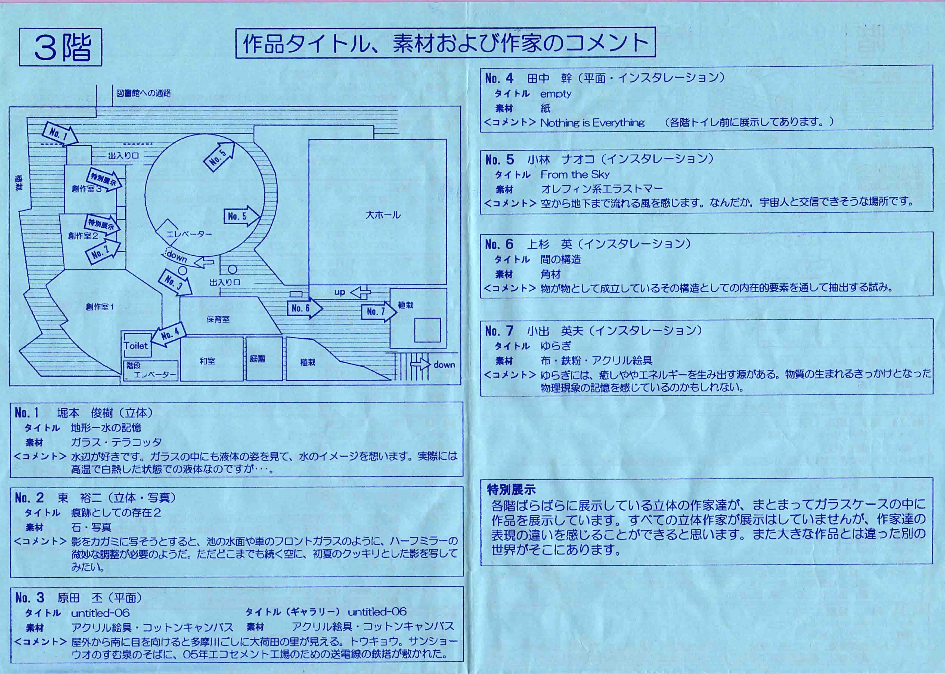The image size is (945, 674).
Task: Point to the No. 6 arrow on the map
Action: point(304,308)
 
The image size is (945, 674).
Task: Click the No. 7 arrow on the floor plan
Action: point(379,311)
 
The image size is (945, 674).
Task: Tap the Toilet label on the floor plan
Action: point(136,346)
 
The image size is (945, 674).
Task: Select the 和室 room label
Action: point(207,361)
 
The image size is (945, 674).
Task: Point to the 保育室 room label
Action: point(218,319)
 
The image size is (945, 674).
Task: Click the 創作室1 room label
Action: point(100,307)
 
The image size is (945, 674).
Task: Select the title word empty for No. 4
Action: point(556,94)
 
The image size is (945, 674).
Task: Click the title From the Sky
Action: point(575,174)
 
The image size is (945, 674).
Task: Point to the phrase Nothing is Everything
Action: point(592,123)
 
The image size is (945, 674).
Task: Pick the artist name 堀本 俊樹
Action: point(85,412)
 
